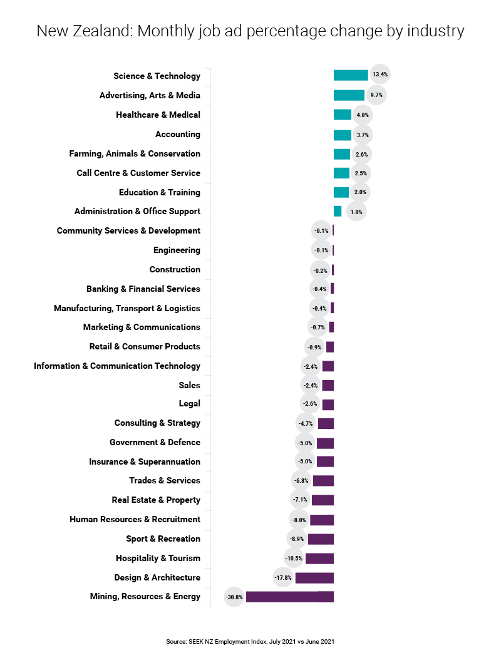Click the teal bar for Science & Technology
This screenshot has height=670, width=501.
(351, 75)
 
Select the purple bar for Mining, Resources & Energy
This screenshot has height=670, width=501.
(289, 597)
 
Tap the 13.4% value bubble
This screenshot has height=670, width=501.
(380, 75)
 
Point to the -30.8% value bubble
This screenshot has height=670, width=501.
(234, 597)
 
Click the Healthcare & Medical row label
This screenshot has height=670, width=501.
(158, 115)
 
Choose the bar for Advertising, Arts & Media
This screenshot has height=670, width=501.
(349, 95)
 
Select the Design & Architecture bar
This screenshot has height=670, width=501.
(314, 578)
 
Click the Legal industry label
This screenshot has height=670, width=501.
(189, 404)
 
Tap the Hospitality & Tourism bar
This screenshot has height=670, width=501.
(319, 559)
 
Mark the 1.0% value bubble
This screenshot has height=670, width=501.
(356, 212)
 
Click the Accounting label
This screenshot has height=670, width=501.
(178, 134)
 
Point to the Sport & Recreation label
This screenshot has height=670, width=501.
(163, 539)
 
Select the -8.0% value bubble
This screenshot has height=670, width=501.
(299, 520)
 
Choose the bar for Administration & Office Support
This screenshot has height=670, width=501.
(338, 211)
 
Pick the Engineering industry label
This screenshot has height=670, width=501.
(177, 250)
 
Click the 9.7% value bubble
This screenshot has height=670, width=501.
(376, 95)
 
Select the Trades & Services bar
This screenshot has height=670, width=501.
(323, 481)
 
